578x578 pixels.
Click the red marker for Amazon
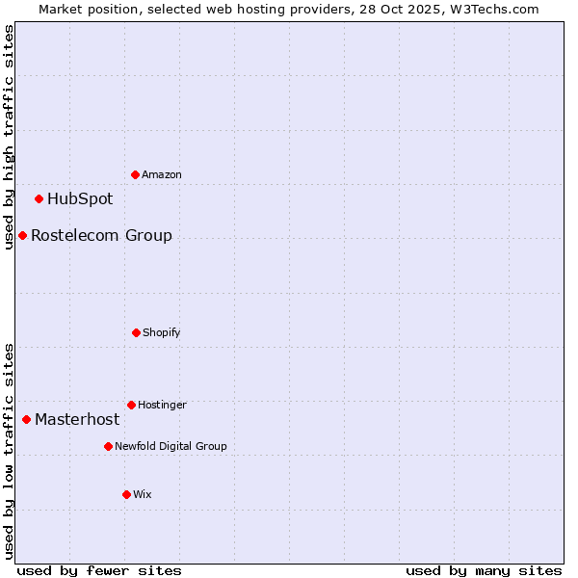[x=136, y=174]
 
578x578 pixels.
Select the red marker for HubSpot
[x=39, y=199]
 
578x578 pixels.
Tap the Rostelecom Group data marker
[x=23, y=235]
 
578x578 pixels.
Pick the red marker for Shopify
[x=136, y=332]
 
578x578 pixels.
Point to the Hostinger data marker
[x=131, y=405]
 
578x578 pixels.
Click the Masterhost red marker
[x=27, y=419]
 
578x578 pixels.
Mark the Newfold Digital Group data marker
[x=108, y=446]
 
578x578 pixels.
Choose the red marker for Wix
[x=126, y=494]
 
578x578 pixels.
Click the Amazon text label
[x=162, y=174]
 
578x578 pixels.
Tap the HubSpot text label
[x=80, y=199]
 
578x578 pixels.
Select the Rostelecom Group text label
[x=101, y=235]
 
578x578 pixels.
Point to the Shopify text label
[x=162, y=332]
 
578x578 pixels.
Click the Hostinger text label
[x=162, y=405]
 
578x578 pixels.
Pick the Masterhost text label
[x=77, y=419]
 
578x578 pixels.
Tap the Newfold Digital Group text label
[x=171, y=446]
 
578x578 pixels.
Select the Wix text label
[x=143, y=494]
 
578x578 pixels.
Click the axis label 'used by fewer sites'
[x=99, y=570]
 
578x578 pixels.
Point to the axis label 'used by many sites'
[x=484, y=570]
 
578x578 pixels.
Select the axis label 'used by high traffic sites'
[x=9, y=137]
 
